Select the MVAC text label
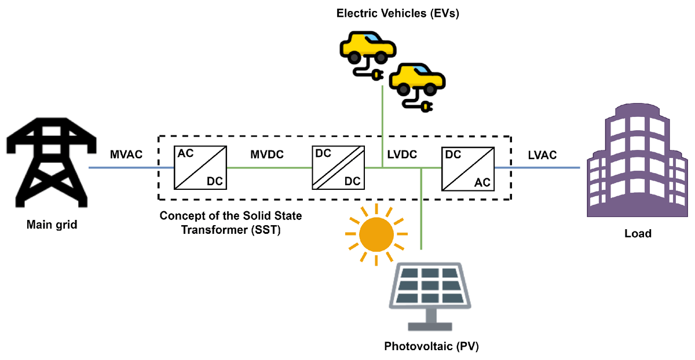click(126, 155)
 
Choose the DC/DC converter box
click(339, 168)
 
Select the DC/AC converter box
click(467, 168)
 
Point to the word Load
click(638, 234)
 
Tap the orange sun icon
click(376, 234)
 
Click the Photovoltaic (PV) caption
click(432, 347)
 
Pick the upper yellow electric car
click(367, 50)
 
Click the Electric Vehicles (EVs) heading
click(398, 14)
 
